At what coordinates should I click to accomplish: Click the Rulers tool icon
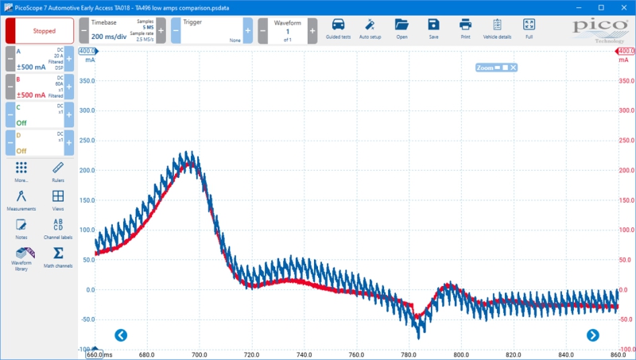click(x=58, y=168)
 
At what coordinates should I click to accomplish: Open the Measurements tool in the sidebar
click(x=21, y=196)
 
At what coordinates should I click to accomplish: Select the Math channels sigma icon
click(x=58, y=254)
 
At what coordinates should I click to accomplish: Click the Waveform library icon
click(x=21, y=254)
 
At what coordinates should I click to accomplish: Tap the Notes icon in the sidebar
click(x=21, y=225)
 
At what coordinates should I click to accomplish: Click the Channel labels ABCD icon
click(x=58, y=225)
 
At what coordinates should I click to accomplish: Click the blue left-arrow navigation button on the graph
click(x=121, y=335)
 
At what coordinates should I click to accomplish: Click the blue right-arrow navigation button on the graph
click(x=592, y=335)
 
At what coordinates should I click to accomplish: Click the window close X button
click(x=622, y=6)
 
